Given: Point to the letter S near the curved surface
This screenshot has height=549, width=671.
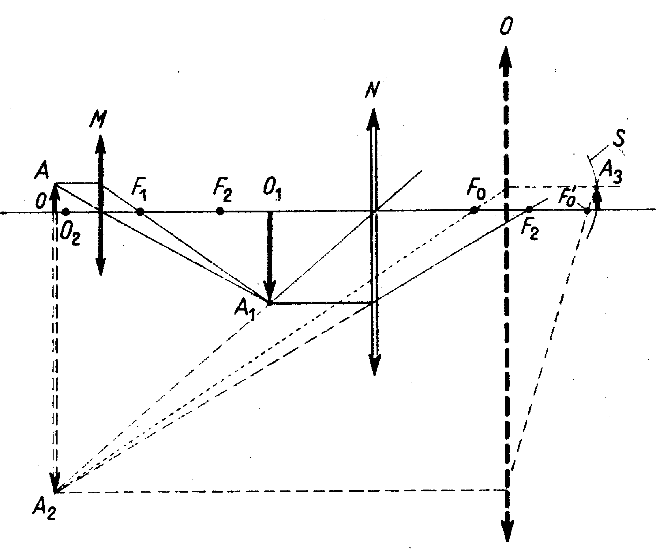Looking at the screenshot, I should click(619, 138).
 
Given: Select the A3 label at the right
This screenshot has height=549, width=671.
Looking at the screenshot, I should click(611, 173).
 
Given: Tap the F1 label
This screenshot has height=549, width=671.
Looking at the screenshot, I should click(139, 191).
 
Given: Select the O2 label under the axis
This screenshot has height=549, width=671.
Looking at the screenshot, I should click(70, 235).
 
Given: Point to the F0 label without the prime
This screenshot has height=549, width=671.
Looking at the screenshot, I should click(476, 191).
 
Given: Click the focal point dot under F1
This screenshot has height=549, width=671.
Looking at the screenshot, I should click(141, 212).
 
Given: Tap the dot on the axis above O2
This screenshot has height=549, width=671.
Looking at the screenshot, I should click(66, 211).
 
